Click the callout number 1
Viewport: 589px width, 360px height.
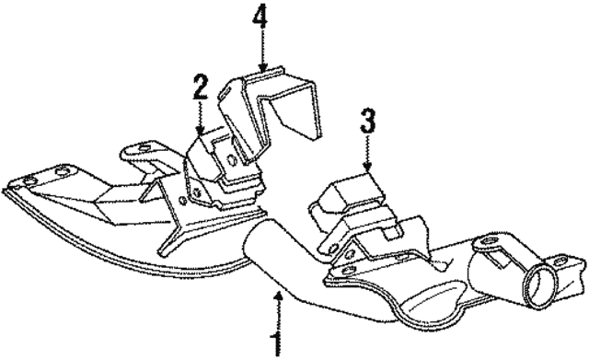click(x=274, y=342)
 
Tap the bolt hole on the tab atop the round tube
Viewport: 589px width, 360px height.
click(x=482, y=246)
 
